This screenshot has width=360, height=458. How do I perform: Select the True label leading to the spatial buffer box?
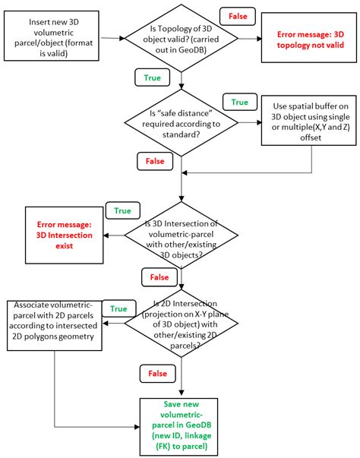tap(239, 101)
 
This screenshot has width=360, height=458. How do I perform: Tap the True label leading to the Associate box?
tap(118, 308)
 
